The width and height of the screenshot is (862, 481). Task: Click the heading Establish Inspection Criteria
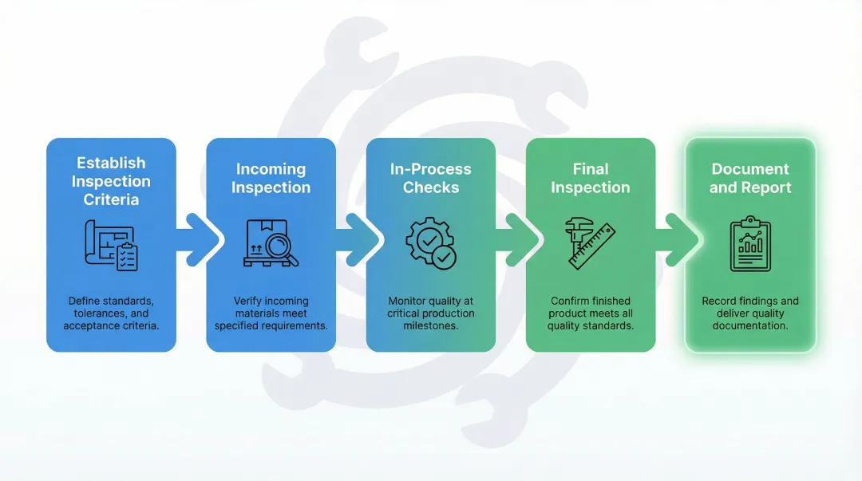pos(111,181)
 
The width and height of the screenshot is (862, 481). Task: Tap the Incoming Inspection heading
pos(271,178)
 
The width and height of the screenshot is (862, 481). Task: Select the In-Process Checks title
pos(430,178)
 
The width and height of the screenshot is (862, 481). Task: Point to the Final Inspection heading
pos(590,178)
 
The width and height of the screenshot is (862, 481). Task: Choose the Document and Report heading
pos(750,178)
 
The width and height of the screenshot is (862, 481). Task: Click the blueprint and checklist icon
pos(111,245)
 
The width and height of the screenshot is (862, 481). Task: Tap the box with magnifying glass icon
pos(271,242)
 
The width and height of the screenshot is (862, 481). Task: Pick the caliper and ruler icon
pos(590,242)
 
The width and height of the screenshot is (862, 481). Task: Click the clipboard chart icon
pos(750,244)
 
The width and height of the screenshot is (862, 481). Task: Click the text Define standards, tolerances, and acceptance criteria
pos(111,313)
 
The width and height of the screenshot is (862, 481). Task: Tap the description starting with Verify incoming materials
pos(271,313)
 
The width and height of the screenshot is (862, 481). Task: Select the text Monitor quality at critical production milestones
pos(430,313)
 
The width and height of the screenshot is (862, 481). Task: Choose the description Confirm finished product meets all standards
pos(590,313)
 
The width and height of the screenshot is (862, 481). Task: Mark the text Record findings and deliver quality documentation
pos(750,313)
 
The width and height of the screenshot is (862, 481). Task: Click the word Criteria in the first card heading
pos(111,199)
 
